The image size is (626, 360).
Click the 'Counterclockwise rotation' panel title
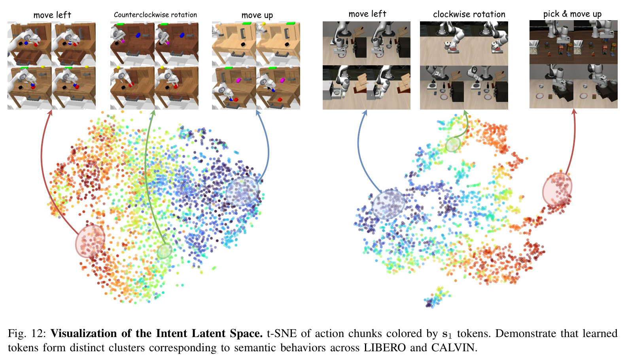[x=155, y=15]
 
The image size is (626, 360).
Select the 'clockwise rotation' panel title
[x=469, y=14]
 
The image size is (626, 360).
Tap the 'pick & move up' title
[x=572, y=14]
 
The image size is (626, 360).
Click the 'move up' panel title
[x=257, y=15]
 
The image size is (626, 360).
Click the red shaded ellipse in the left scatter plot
[x=90, y=241]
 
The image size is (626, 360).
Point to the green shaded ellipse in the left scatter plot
[x=165, y=251]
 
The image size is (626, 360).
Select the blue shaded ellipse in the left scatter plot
[x=242, y=191]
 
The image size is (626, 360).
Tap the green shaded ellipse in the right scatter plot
[x=453, y=144]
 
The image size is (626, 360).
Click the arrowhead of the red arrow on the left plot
[x=50, y=112]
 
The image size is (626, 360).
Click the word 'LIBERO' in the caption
[x=384, y=347]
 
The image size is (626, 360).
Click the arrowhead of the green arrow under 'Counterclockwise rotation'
[x=153, y=112]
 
